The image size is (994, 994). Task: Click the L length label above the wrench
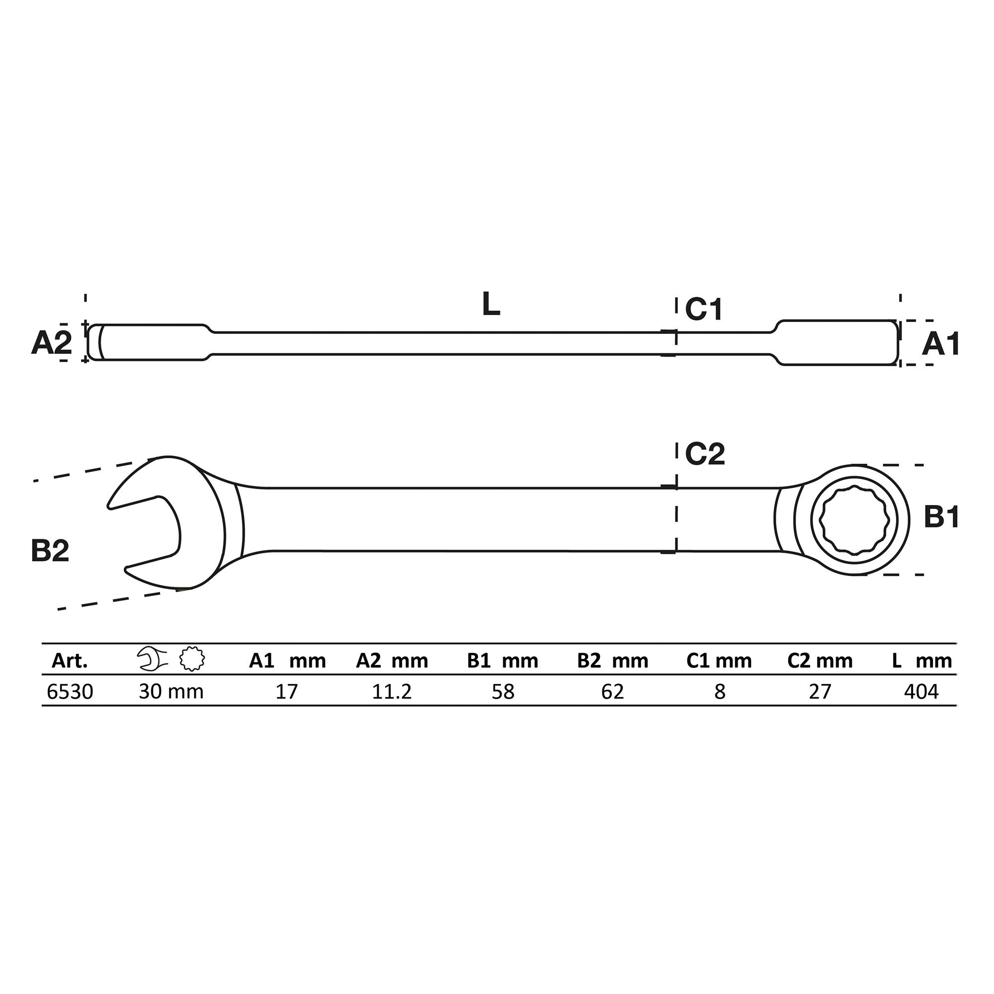(x=491, y=305)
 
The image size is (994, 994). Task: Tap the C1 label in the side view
(x=704, y=310)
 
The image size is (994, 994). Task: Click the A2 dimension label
(x=52, y=342)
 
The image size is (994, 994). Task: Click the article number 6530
(x=70, y=692)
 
